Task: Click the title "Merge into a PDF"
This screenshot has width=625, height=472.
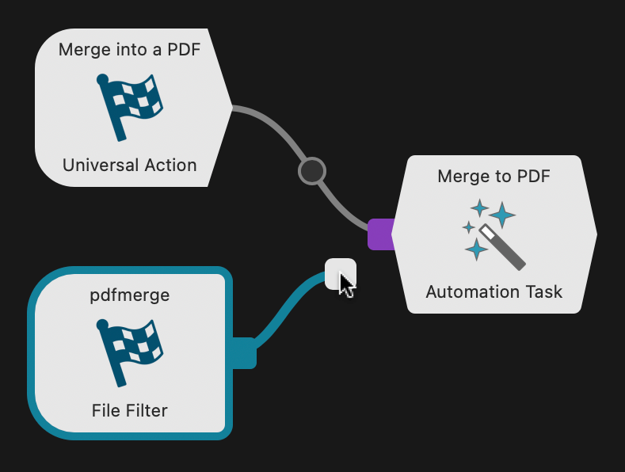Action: pos(129,50)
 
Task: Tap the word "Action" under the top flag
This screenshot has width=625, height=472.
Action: pos(170,166)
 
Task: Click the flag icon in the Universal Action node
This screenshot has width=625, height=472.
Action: pos(129,107)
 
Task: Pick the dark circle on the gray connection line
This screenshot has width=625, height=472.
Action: pos(311,170)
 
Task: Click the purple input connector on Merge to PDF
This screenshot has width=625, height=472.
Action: pos(380,234)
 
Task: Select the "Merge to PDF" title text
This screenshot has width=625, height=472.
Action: pos(494,176)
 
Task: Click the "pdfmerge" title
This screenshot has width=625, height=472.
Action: pos(129,295)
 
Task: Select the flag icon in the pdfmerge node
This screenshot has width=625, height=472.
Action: pos(129,352)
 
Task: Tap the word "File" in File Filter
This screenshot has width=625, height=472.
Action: pos(105,410)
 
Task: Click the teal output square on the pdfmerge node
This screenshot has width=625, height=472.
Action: pos(244,352)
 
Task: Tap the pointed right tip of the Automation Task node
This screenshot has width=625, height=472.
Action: pos(595,234)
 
